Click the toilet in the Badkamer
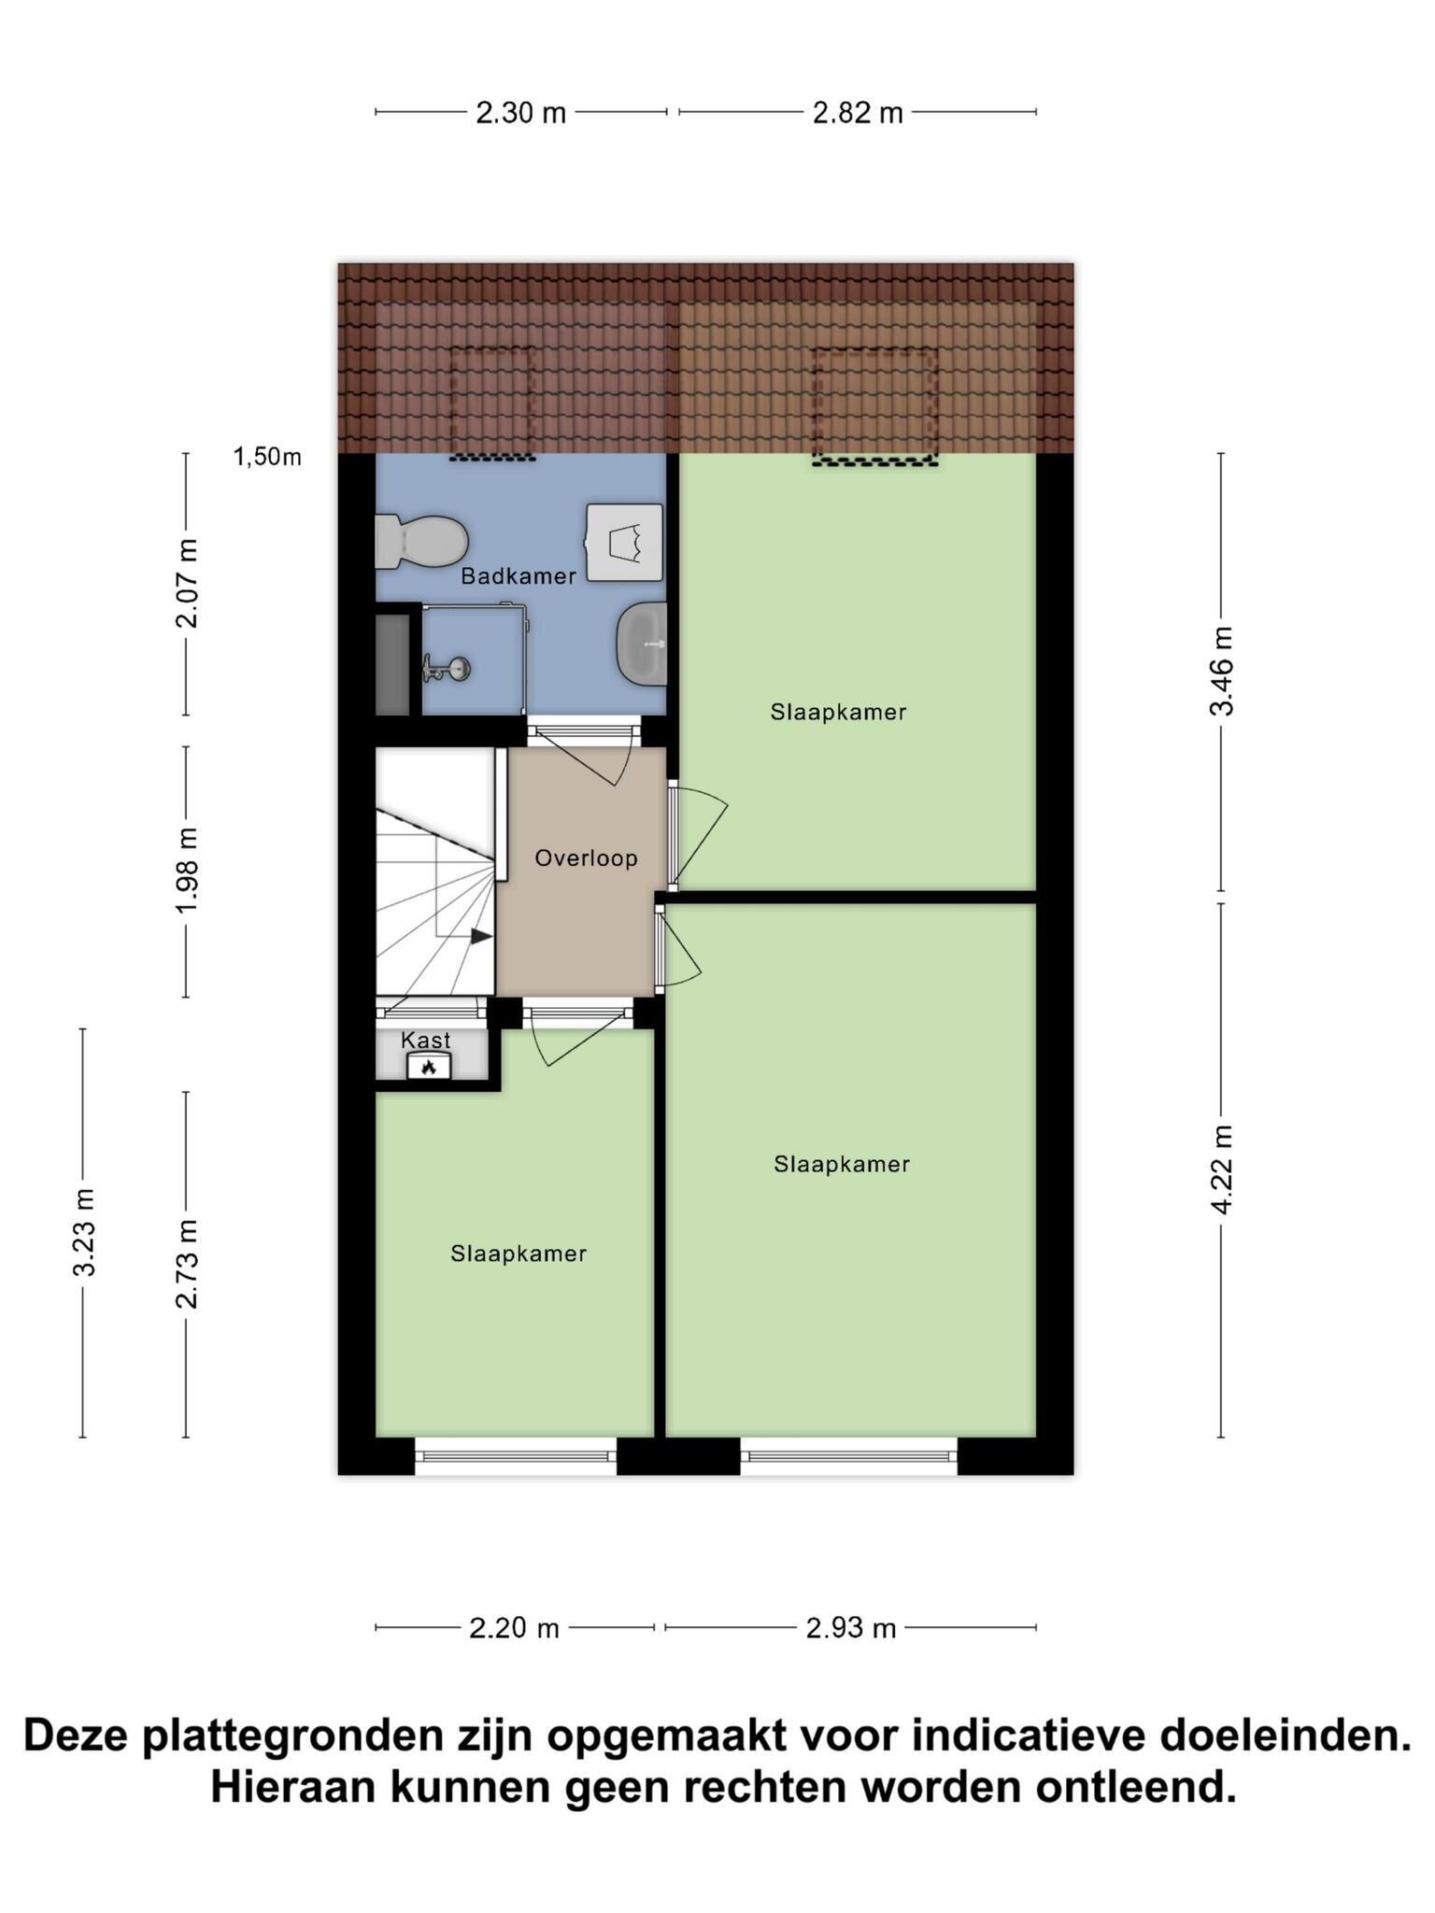click(x=420, y=541)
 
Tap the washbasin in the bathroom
click(x=642, y=643)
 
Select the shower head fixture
click(x=447, y=669)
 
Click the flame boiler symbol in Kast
click(x=429, y=1066)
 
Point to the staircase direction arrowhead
click(x=482, y=936)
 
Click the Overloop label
click(x=586, y=857)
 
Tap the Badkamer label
click(x=519, y=576)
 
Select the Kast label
click(x=426, y=1040)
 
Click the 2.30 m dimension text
click(x=521, y=113)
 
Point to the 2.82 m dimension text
click(x=858, y=113)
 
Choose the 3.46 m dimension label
click(x=1222, y=672)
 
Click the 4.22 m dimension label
click(x=1222, y=1170)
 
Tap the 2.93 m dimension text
click(x=851, y=1629)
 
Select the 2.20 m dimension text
click(x=514, y=1629)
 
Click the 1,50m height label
click(x=267, y=457)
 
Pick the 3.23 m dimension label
click(x=84, y=1232)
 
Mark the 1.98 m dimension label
click(x=187, y=871)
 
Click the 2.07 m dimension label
click(x=187, y=584)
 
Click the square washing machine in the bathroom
click(x=624, y=543)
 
